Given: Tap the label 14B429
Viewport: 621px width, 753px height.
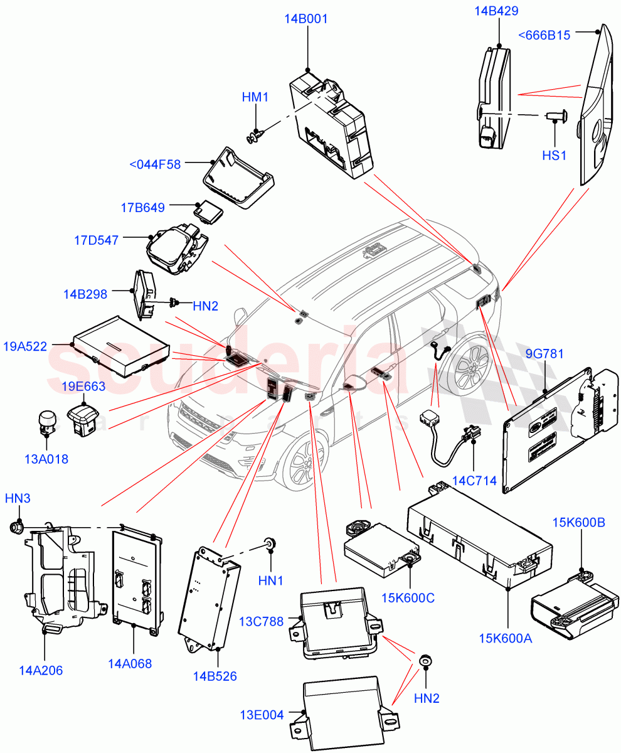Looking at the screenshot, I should (x=497, y=11).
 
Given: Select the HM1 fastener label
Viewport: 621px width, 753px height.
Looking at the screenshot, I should (x=255, y=97).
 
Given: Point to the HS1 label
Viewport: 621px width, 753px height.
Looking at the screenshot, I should (x=553, y=154).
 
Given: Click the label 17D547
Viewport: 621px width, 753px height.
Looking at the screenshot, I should (x=96, y=240).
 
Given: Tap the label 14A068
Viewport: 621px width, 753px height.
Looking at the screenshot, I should (x=129, y=663).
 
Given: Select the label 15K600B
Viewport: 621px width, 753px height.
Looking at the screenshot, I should (x=578, y=522).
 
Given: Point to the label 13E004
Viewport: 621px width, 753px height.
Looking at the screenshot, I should (x=262, y=714).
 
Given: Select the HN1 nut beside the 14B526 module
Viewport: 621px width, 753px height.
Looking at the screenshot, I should (x=270, y=543).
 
